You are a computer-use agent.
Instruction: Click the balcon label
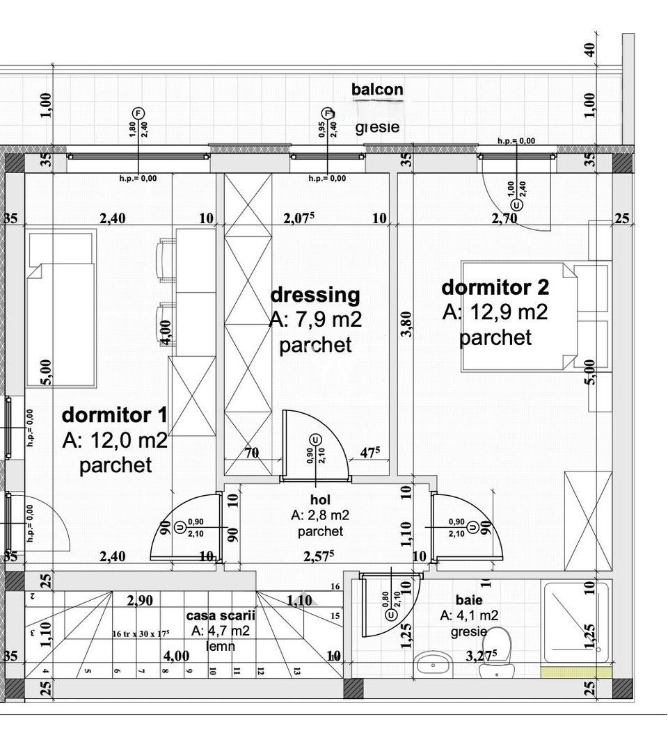377,89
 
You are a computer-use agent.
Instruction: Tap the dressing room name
315,295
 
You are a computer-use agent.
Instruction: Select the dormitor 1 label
114,415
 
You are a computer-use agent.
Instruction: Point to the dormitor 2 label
495,286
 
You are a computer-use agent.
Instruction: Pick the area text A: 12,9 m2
495,312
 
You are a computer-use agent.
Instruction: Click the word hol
320,500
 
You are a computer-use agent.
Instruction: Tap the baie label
468,599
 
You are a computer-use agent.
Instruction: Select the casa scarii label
221,616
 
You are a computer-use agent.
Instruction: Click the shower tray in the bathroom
576,622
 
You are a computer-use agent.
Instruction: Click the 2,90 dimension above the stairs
140,600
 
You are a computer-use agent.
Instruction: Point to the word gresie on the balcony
377,127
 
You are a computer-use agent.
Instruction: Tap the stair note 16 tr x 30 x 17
141,633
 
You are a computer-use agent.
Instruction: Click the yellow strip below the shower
577,672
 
